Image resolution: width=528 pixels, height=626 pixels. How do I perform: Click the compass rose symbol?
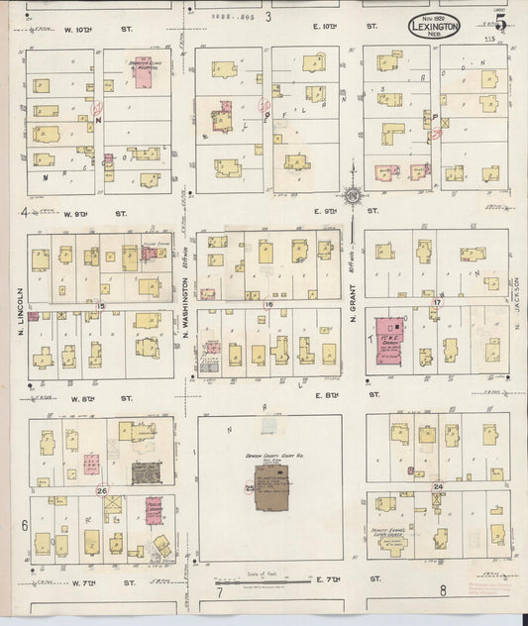pos(352,195)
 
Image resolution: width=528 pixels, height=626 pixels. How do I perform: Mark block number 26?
pos(101,490)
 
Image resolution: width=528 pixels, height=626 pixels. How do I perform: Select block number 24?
pos(437,487)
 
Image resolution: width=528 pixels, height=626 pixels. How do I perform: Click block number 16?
pos(268,305)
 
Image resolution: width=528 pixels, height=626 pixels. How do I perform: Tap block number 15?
pos(101,306)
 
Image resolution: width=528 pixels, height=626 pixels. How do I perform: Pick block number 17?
pos(437,302)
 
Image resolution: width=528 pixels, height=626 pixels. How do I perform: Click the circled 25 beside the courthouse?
pos(250,487)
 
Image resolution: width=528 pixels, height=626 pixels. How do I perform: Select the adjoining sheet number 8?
pos(443,592)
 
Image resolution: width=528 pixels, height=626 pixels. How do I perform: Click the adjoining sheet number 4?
pos(23,212)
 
